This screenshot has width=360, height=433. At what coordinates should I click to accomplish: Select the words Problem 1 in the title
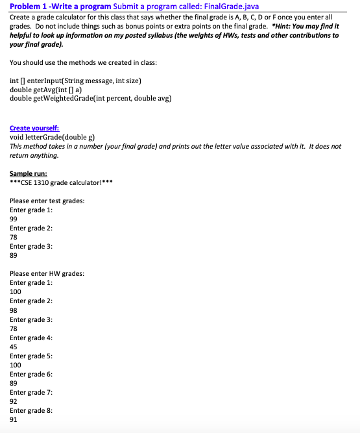pos(26,6)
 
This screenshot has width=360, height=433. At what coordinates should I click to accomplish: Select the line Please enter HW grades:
pos(47,274)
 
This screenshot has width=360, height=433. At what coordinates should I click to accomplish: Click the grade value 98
pos(14,310)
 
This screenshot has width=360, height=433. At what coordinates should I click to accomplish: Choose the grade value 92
pos(14,401)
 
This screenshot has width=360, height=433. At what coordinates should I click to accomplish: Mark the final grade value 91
pos(14,419)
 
